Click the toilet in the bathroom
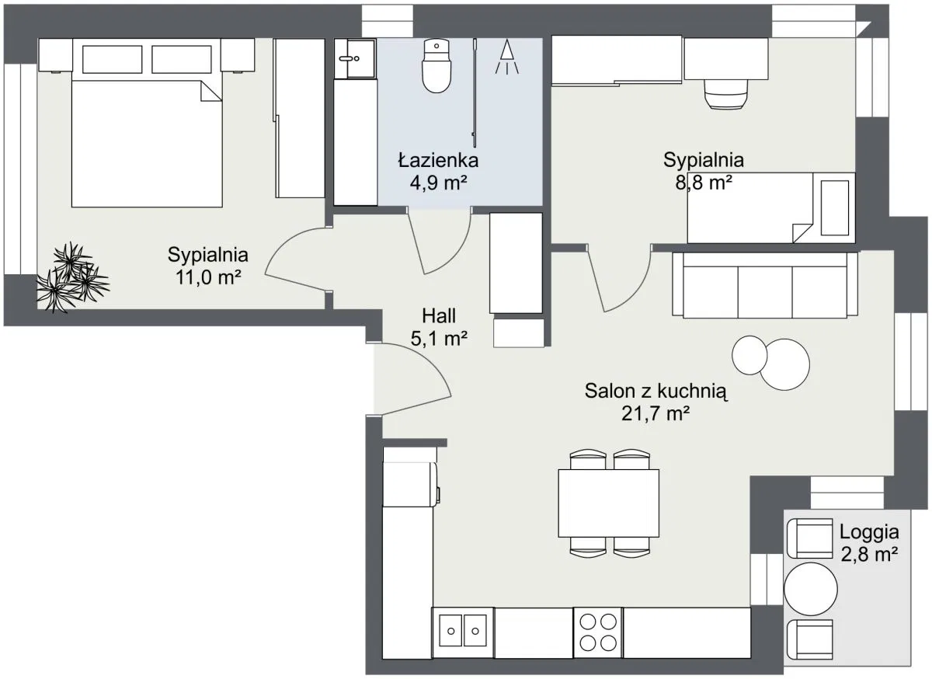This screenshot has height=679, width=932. pyautogui.click(x=436, y=66)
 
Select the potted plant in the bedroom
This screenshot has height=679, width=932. pyautogui.click(x=73, y=277)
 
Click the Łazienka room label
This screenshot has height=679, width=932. pyautogui.click(x=438, y=160)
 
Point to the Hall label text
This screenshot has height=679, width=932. pyautogui.click(x=439, y=315)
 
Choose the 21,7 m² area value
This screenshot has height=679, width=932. pyautogui.click(x=656, y=413)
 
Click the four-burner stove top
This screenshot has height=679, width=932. pyautogui.click(x=598, y=632)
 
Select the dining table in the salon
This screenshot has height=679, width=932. pyautogui.click(x=608, y=503)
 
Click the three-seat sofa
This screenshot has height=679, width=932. pyautogui.click(x=765, y=285)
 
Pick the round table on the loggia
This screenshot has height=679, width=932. pyautogui.click(x=811, y=589)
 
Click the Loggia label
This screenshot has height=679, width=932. pyautogui.click(x=869, y=531)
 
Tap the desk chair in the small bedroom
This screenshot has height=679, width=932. pyautogui.click(x=726, y=95)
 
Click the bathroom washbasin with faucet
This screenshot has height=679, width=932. pyautogui.click(x=355, y=59)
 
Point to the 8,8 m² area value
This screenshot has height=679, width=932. pyautogui.click(x=704, y=183)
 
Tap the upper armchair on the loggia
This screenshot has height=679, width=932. pyautogui.click(x=810, y=538)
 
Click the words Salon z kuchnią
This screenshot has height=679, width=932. pyautogui.click(x=656, y=391)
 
